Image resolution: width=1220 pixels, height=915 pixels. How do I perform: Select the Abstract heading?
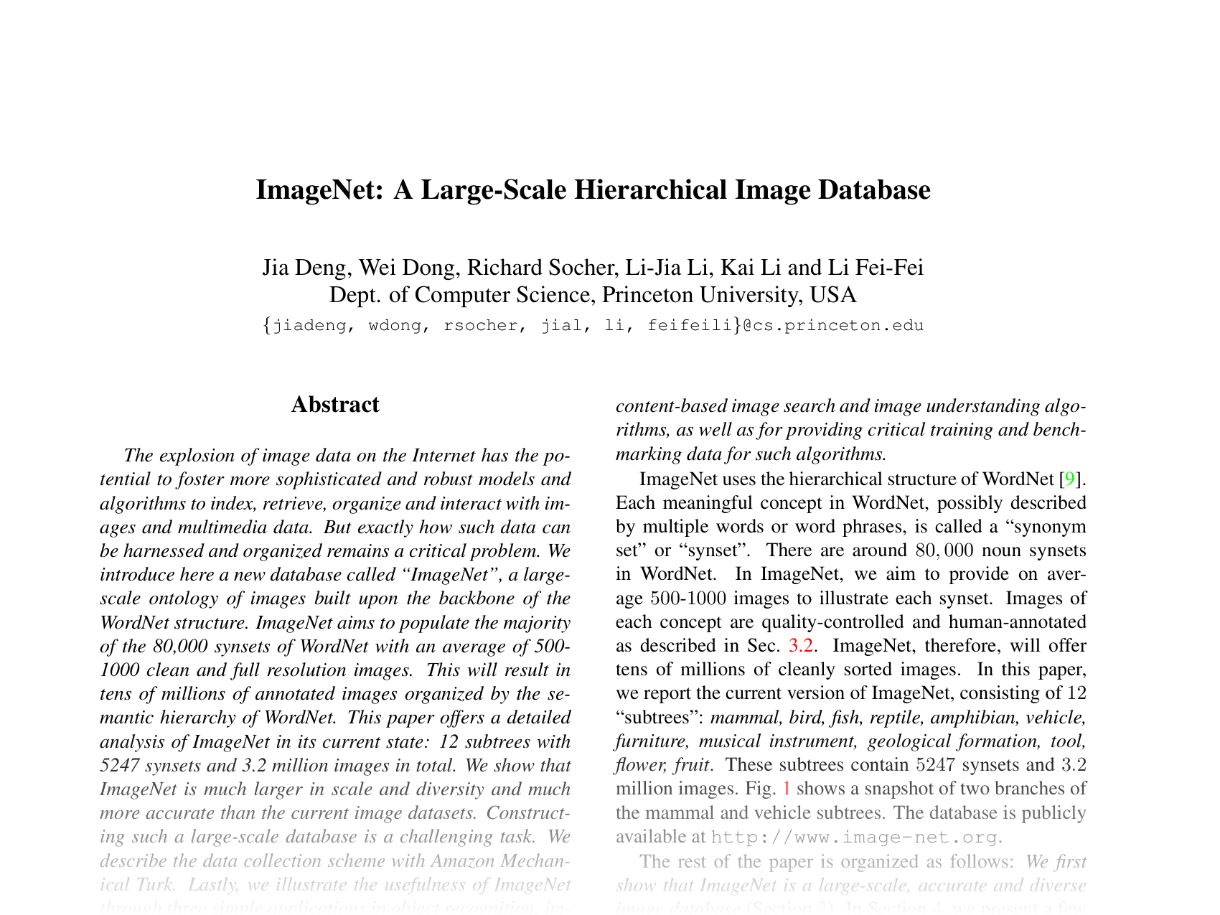(335, 405)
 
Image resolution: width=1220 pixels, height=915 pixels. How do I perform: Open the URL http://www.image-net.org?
(854, 837)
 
